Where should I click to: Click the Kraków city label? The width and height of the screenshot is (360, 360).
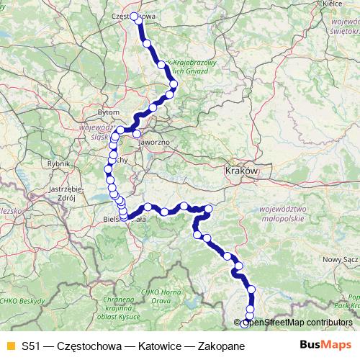click(240, 172)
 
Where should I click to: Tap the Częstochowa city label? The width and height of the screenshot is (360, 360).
click(135, 13)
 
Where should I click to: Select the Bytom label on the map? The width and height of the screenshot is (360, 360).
click(108, 113)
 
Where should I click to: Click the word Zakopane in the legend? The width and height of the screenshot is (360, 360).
click(218, 346)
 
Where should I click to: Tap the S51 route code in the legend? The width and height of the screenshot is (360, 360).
click(32, 346)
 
